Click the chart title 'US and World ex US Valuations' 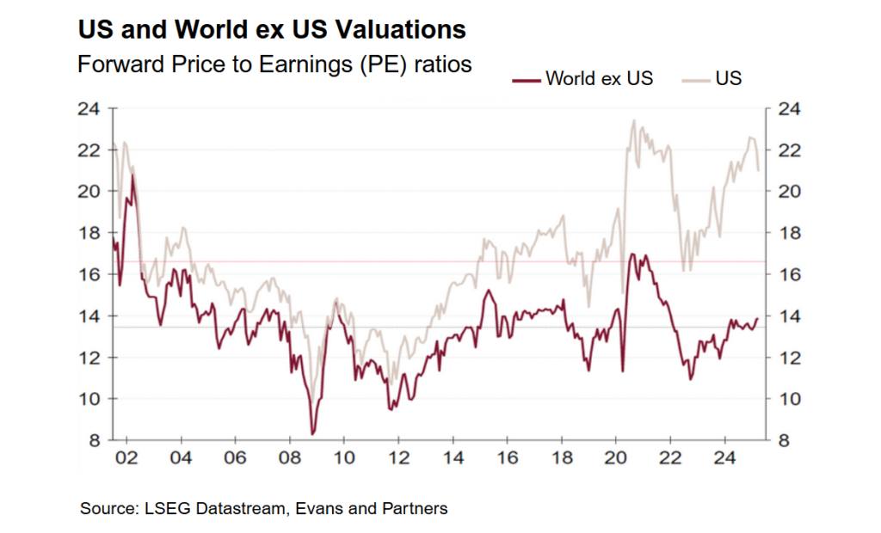[x=272, y=30]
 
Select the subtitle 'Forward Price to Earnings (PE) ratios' [x=274, y=64]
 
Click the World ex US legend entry [x=582, y=79]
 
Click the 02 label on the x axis [x=126, y=456]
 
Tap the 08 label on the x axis [x=289, y=456]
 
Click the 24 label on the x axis [x=724, y=456]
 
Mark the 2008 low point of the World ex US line [x=312, y=433]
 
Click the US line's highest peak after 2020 [x=634, y=121]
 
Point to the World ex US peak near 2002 [x=132, y=175]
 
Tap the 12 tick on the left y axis [x=90, y=358]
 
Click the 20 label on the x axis [x=616, y=456]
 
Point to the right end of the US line [x=758, y=170]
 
